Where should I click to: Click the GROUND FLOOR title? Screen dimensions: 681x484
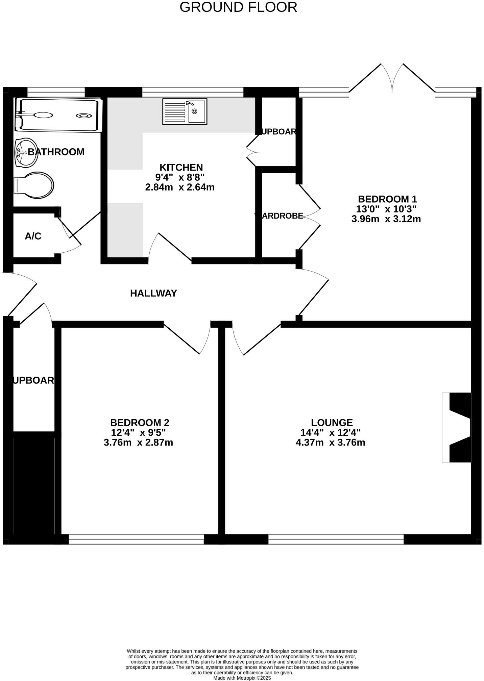238,7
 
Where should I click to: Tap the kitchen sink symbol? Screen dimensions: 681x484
185,111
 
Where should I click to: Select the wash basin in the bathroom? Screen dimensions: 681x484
26,153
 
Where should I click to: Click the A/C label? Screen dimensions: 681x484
33,236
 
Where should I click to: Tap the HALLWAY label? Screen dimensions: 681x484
153,293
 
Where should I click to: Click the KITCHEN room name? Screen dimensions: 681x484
181,167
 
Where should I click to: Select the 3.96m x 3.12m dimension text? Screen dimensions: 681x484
386,219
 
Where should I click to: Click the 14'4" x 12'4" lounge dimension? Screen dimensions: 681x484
330,432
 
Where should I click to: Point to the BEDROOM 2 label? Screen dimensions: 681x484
140,423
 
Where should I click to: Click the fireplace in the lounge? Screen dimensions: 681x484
457,427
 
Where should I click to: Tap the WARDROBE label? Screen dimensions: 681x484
279,216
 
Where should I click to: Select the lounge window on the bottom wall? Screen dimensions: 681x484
336,539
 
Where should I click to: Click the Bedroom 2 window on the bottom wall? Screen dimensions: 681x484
136,539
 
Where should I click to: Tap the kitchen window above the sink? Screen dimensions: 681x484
193,92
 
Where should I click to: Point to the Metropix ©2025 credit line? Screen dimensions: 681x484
242,678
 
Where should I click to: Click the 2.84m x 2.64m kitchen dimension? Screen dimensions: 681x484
180,187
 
